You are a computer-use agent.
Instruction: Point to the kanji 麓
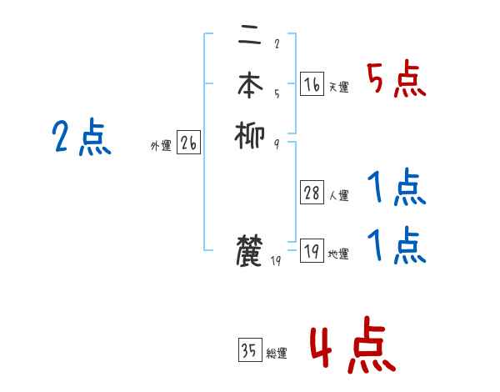click(x=250, y=250)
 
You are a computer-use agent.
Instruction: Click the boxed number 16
click(x=312, y=84)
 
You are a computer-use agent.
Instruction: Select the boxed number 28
click(x=312, y=193)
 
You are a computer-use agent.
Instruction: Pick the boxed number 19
click(x=312, y=251)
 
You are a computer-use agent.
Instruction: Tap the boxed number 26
click(x=188, y=143)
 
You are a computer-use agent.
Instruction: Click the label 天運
click(x=338, y=87)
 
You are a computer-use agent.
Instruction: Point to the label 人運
click(x=338, y=196)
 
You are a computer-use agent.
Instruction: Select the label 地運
click(x=338, y=254)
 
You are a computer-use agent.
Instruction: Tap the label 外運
click(x=161, y=146)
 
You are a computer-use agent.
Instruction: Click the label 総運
click(x=277, y=354)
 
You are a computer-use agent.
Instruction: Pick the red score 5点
click(x=396, y=80)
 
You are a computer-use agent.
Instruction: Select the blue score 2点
click(x=81, y=138)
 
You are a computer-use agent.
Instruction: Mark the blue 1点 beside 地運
click(x=396, y=246)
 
